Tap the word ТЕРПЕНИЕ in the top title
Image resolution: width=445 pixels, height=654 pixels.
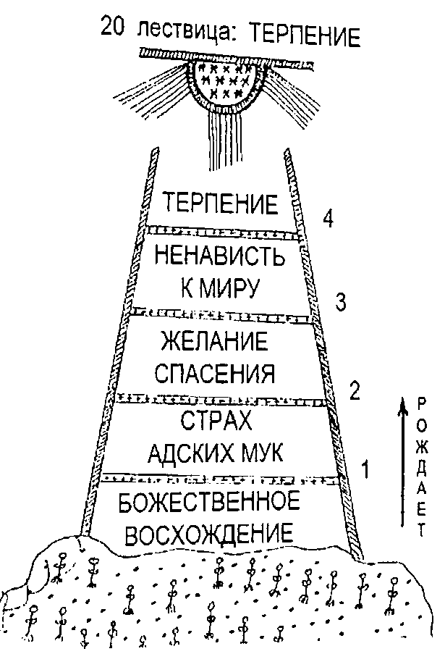point(300,35)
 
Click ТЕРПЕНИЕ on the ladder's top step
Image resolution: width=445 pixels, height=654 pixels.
point(221,204)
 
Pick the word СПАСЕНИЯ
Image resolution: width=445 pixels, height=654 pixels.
point(221,373)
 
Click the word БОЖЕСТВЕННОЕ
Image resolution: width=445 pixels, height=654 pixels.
point(220,501)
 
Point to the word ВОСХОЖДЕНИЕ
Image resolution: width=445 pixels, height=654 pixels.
point(219,535)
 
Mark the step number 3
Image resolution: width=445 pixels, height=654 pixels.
point(341,302)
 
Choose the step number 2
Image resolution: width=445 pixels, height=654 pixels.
point(354,391)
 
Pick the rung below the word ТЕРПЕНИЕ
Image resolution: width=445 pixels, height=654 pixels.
point(221,232)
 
